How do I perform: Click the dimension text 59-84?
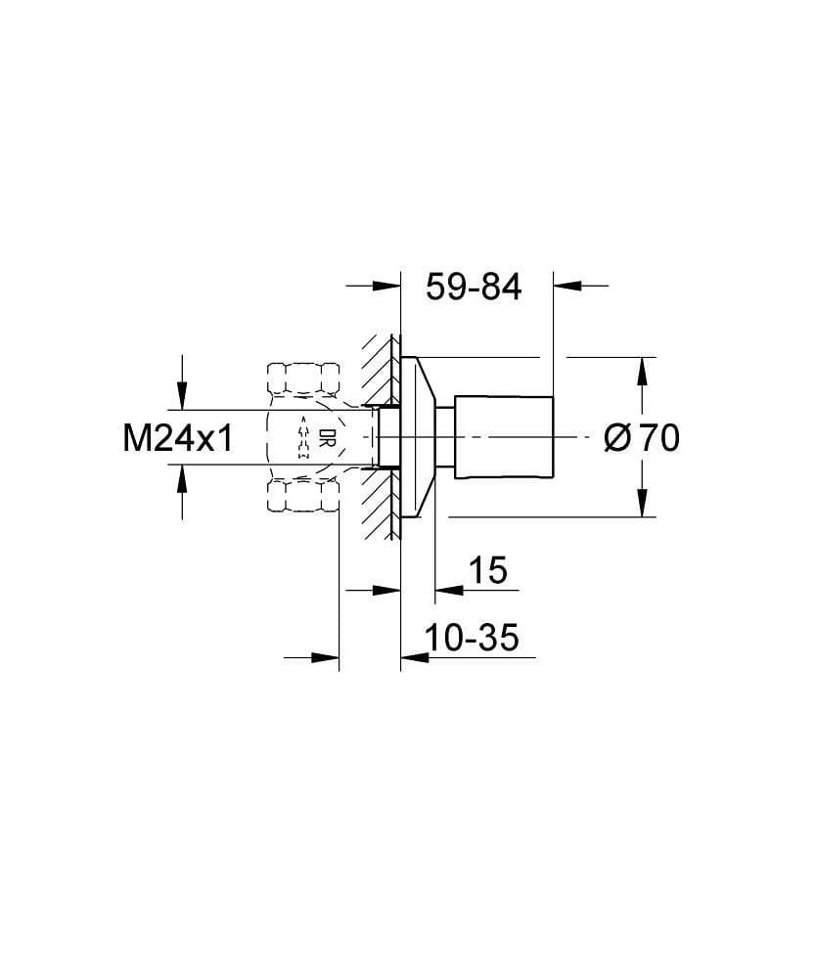(475, 287)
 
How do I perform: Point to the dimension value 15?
(487, 570)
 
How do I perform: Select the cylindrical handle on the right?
(505, 436)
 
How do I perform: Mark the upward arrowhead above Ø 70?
(641, 371)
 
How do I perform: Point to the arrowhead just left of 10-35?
(416, 657)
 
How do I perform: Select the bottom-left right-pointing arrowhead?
(324, 657)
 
